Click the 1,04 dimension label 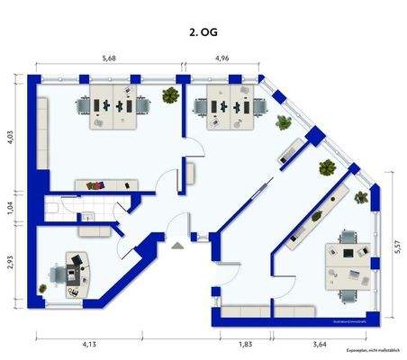pos(10,207)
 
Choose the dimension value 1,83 pos(246,343)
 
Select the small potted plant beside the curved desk pos(42,288)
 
